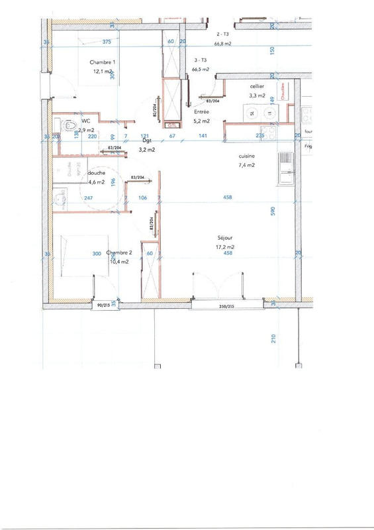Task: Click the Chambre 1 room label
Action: click(x=102, y=63)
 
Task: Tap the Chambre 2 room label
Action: click(x=120, y=253)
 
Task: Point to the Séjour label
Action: click(x=226, y=238)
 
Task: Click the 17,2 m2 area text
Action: click(x=227, y=246)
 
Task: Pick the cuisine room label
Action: click(x=247, y=157)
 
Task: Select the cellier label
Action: click(x=257, y=87)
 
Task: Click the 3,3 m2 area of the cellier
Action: click(x=257, y=95)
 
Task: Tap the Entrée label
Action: click(x=201, y=113)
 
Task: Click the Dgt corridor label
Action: click(x=147, y=140)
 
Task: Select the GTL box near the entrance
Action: click(x=173, y=124)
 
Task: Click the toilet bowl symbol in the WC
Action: click(x=68, y=126)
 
